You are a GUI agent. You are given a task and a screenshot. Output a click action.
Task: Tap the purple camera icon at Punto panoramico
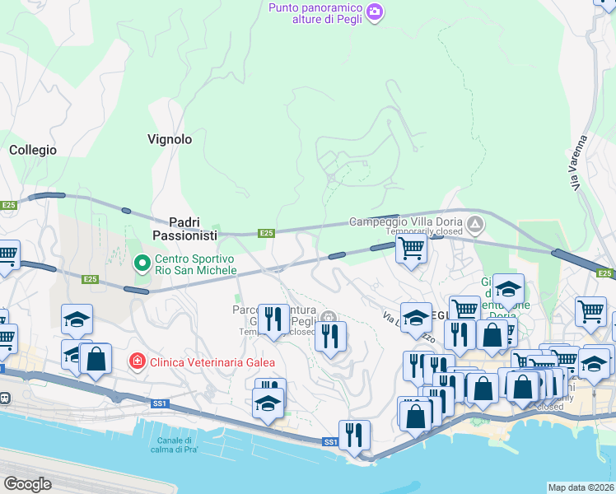pyautogui.click(x=375, y=12)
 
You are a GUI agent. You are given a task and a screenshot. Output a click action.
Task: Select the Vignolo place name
pyautogui.click(x=170, y=139)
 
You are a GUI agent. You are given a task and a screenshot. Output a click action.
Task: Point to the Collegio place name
pyautogui.click(x=33, y=150)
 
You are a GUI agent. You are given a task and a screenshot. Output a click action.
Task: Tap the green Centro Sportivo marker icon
pyautogui.click(x=141, y=263)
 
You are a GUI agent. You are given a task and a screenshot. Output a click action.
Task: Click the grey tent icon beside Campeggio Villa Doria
pyautogui.click(x=475, y=223)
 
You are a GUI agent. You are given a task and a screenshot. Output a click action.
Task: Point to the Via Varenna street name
pyautogui.click(x=586, y=164)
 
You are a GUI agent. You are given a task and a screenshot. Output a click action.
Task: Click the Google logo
pyautogui.click(x=27, y=484)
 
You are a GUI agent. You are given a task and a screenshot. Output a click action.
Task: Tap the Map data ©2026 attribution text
pyautogui.click(x=581, y=487)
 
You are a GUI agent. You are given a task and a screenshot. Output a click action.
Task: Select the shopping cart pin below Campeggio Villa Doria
pyautogui.click(x=411, y=249)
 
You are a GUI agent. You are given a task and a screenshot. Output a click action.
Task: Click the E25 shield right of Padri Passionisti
pyautogui.click(x=266, y=233)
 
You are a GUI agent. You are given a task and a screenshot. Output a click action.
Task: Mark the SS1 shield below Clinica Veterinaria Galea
pyautogui.click(x=160, y=403)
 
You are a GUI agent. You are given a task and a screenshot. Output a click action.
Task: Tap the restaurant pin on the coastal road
pyautogui.click(x=354, y=436)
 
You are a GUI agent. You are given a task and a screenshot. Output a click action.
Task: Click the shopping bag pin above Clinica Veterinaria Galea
pyautogui.click(x=96, y=359)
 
